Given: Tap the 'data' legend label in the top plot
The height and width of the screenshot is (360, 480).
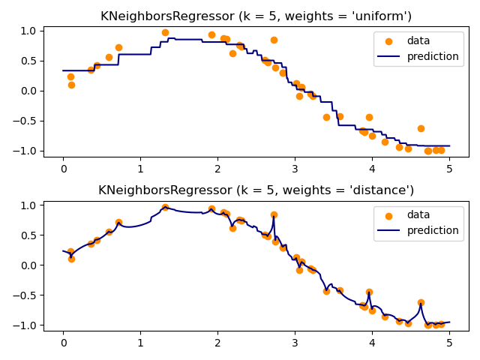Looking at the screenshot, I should pyautogui.click(x=418, y=41).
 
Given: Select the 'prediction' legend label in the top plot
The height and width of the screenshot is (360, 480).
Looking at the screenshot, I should pyautogui.click(x=433, y=56).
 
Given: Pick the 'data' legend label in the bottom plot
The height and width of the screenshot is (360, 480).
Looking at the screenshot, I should pyautogui.click(x=418, y=215).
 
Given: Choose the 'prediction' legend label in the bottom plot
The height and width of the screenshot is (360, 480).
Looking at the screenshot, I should pyautogui.click(x=433, y=230).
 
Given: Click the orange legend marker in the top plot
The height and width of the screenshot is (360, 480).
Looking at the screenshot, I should pyautogui.click(x=388, y=41).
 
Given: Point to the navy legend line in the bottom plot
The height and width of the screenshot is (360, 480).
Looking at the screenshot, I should pyautogui.click(x=388, y=230).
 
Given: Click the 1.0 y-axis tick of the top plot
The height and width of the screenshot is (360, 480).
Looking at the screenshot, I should pyautogui.click(x=28, y=31).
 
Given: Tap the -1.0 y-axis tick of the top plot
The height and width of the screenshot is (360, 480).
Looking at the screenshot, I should pyautogui.click(x=26, y=151).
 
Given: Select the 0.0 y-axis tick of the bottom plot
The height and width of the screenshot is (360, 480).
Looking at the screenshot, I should pyautogui.click(x=28, y=265).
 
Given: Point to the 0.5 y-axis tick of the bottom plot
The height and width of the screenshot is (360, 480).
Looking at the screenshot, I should pyautogui.click(x=28, y=235).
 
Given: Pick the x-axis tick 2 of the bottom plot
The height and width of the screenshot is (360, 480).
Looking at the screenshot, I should pyautogui.click(x=217, y=342).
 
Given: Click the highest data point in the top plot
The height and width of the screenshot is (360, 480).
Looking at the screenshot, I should pyautogui.click(x=165, y=33).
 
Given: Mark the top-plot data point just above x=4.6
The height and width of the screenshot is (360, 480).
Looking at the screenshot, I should pyautogui.click(x=421, y=128).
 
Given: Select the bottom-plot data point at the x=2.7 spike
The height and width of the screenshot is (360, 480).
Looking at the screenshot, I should pyautogui.click(x=274, y=214).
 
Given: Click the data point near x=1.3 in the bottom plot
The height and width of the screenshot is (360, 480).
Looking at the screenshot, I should pyautogui.click(x=165, y=208).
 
